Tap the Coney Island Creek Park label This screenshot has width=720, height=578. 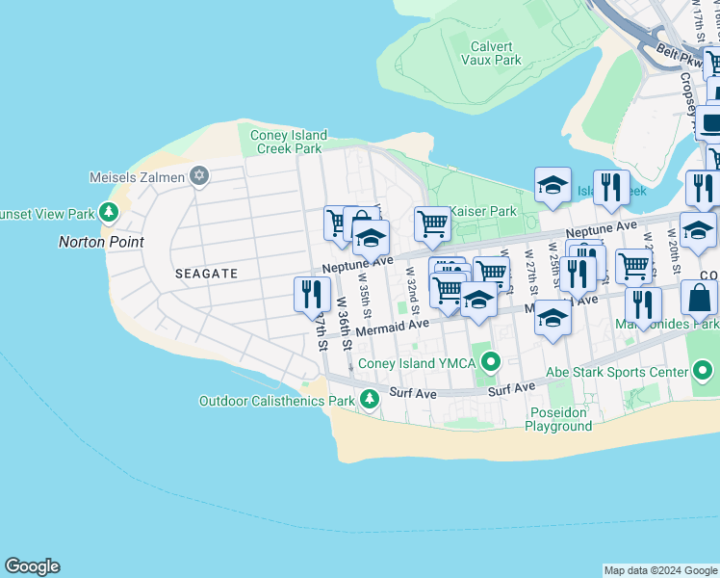(x=288, y=142)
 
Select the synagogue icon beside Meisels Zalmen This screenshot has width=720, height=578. (x=199, y=175)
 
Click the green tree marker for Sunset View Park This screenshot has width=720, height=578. (x=110, y=212)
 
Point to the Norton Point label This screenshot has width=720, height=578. (x=101, y=242)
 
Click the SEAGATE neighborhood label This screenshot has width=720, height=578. (x=206, y=274)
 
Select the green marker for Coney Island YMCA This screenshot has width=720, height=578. (x=492, y=363)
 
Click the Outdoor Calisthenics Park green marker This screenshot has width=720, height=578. (x=370, y=399)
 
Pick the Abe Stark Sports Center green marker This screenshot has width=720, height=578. (x=704, y=371)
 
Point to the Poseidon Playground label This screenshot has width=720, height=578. (x=559, y=419)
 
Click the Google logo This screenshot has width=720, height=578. (x=32, y=566)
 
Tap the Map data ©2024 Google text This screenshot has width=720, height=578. (x=660, y=570)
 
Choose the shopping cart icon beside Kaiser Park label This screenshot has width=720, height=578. (x=432, y=223)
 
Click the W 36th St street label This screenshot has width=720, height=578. (x=344, y=318)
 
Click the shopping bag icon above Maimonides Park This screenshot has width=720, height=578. (x=699, y=298)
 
